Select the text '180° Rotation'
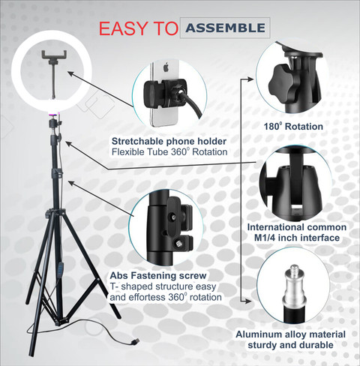tap(293, 127)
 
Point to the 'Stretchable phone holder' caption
tap(169, 141)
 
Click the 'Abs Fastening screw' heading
tap(157, 275)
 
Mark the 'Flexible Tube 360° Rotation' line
tap(169, 153)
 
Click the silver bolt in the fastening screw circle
tap(181, 243)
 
